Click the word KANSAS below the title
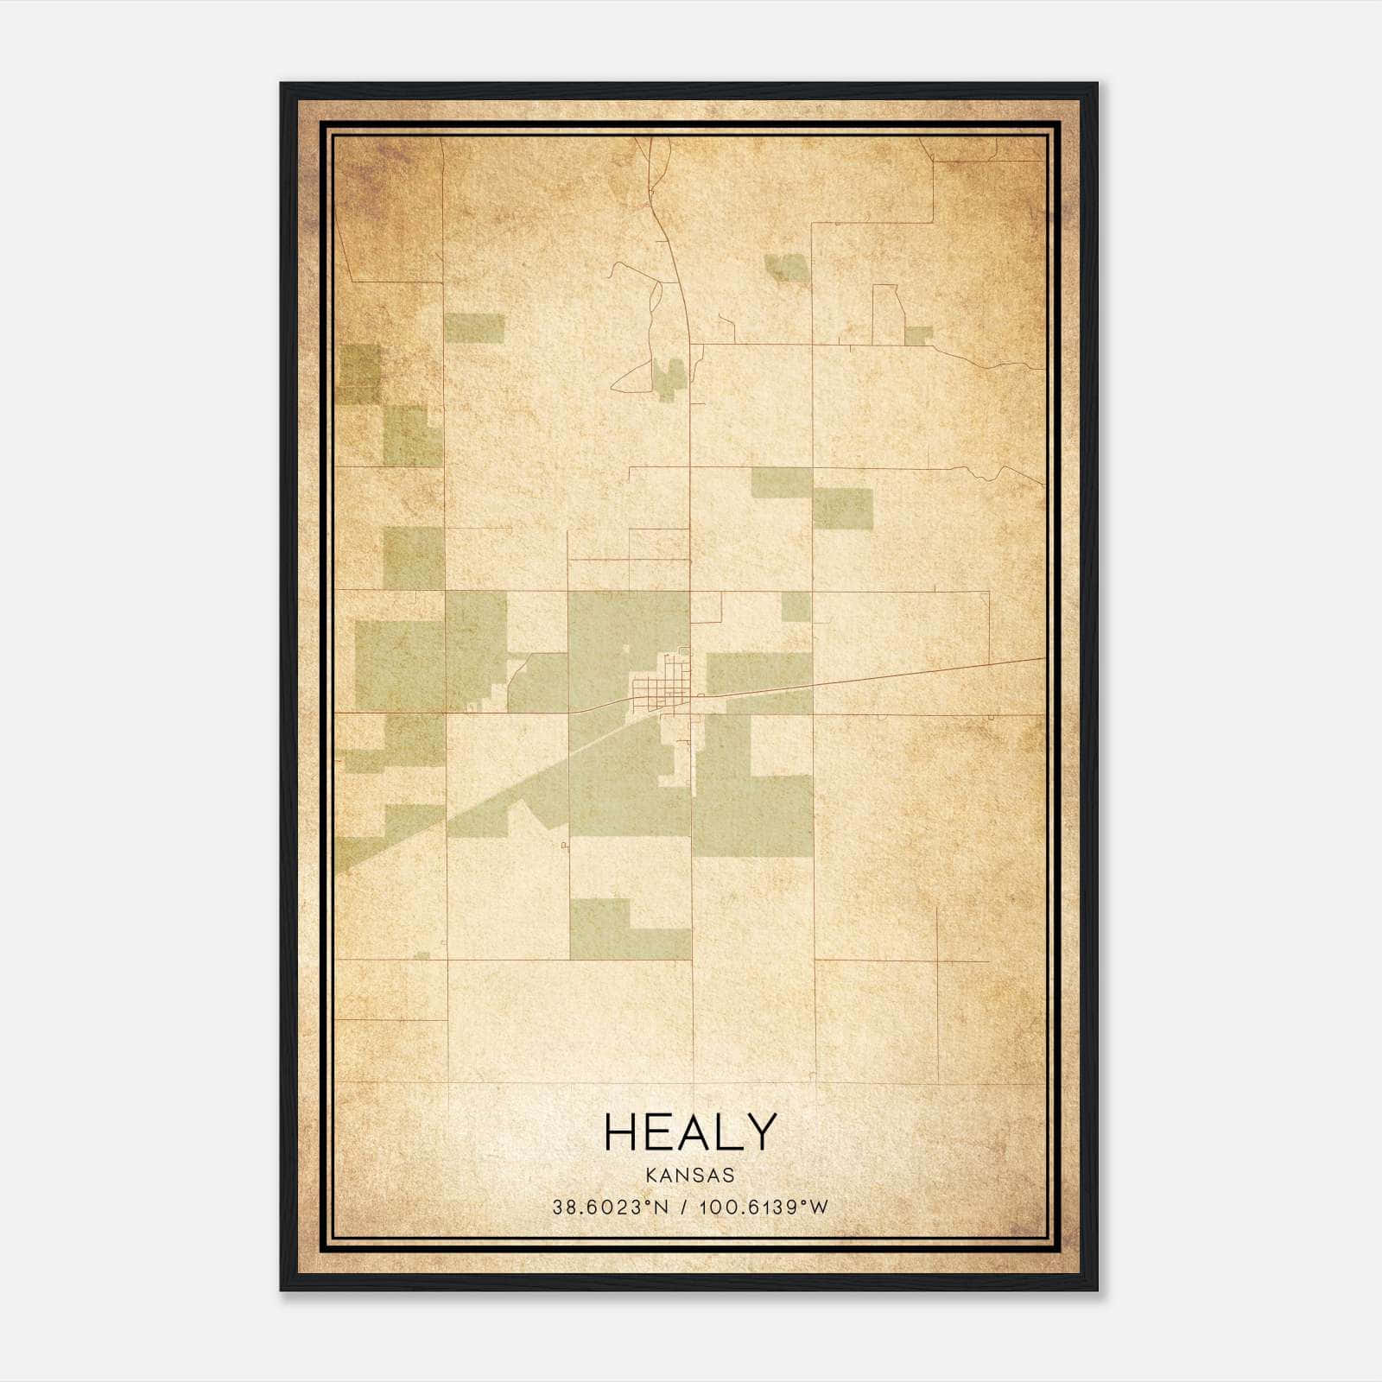pyautogui.click(x=689, y=1176)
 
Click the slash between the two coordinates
pyautogui.click(x=683, y=1208)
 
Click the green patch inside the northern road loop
pyautogui.click(x=666, y=377)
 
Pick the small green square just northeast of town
pyautogui.click(x=796, y=606)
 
